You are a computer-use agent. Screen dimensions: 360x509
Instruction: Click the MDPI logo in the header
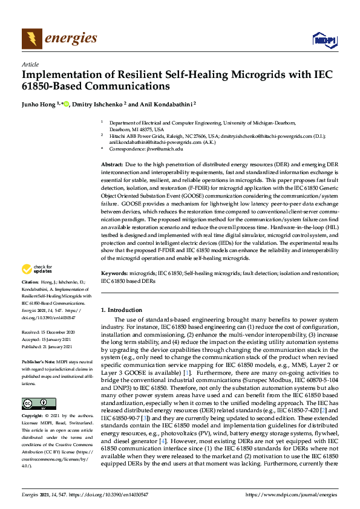[x=324, y=39]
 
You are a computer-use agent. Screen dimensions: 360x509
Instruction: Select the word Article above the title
[x=30, y=64]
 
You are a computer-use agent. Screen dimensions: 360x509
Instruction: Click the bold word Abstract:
[x=112, y=164]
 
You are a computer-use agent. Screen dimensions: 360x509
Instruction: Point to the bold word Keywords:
[x=114, y=274]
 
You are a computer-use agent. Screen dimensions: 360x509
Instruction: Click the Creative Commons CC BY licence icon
[x=35, y=404]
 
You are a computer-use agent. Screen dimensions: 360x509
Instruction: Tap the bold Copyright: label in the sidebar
[x=34, y=417]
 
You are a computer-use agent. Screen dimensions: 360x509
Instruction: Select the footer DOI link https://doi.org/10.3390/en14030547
[x=106, y=495]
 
